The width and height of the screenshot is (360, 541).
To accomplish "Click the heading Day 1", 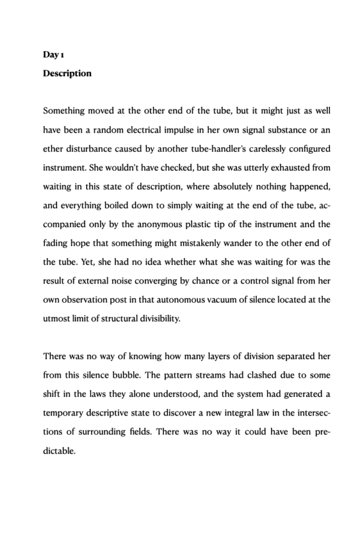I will (53, 55).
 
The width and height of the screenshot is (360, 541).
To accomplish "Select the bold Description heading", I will (67, 73).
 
